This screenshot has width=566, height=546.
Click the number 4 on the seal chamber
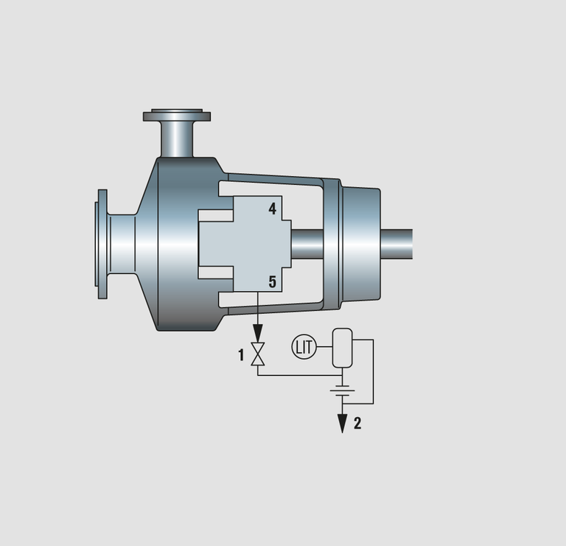click(273, 209)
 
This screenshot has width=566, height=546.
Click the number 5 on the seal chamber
click(273, 281)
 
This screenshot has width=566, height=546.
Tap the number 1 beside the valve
click(241, 355)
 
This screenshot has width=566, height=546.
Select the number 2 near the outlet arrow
click(357, 423)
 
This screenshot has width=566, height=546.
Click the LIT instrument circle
click(304, 347)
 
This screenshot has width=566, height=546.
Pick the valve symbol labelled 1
click(258, 354)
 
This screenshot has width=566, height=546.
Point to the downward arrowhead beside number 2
click(342, 423)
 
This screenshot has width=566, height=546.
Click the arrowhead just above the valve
click(258, 334)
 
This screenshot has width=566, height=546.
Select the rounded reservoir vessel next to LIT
click(342, 348)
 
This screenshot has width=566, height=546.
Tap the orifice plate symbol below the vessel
click(342, 391)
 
